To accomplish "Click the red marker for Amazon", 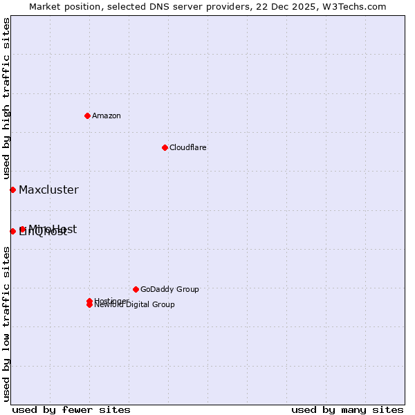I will click(x=87, y=116).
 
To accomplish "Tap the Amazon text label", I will click(x=106, y=116).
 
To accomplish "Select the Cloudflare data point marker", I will click(x=165, y=147).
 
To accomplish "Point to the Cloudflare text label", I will click(x=187, y=147).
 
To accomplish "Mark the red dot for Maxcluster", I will click(x=12, y=190).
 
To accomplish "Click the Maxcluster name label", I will click(x=48, y=190).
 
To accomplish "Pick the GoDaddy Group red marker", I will click(x=136, y=289).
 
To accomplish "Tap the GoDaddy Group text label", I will click(x=169, y=289).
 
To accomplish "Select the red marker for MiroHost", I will click(x=23, y=229).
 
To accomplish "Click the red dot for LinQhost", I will click(x=12, y=231).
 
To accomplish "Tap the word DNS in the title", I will click(x=149, y=6).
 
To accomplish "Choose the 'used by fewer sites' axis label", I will click(x=71, y=409).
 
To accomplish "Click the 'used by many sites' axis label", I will click(x=347, y=409).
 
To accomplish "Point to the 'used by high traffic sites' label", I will click(x=6, y=99).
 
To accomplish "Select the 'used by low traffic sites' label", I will click(x=6, y=324).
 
